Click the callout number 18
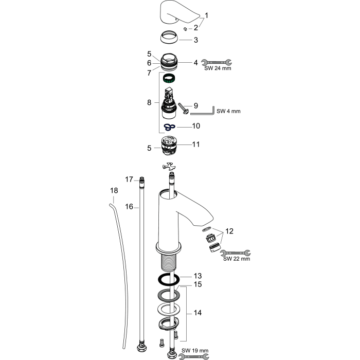[114, 190]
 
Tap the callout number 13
[197, 276]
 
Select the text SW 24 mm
[218, 68]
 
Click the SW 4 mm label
[228, 111]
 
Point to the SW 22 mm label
[237, 259]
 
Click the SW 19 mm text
[195, 351]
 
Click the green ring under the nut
[169, 79]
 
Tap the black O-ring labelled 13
[169, 280]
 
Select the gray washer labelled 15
[169, 295]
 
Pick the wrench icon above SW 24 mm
[217, 62]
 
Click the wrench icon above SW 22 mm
[236, 253]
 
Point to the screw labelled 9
[184, 108]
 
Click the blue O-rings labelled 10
[169, 127]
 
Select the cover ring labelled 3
[169, 37]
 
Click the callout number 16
[129, 207]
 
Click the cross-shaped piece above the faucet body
[169, 166]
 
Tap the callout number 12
[229, 231]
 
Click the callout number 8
[149, 102]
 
